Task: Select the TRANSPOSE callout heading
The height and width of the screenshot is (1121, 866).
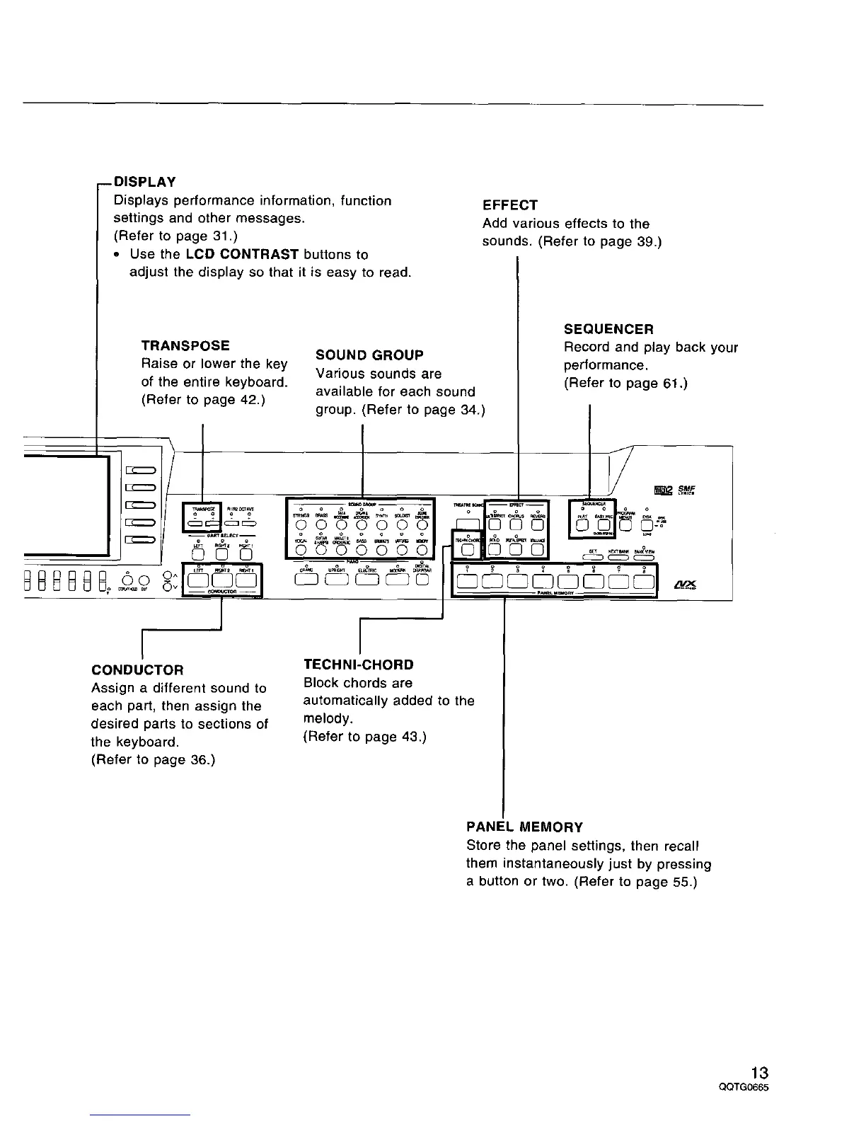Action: [x=185, y=346]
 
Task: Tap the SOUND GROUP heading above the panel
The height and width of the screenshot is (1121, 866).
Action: [x=369, y=355]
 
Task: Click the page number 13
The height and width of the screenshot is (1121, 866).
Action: [x=760, y=1072]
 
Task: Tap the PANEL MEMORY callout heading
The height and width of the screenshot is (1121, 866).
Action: [x=524, y=827]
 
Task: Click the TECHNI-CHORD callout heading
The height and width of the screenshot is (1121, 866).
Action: [x=358, y=665]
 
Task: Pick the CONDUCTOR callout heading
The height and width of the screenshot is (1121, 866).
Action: [x=137, y=669]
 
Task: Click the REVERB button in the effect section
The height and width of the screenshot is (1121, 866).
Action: [x=538, y=525]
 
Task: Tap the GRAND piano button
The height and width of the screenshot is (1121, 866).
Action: [x=306, y=580]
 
